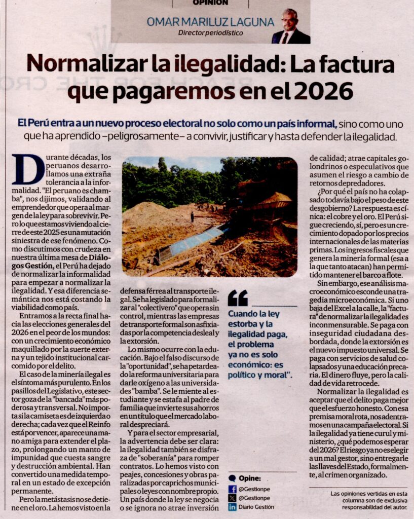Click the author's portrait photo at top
(290, 27)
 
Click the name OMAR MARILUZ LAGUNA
(210, 22)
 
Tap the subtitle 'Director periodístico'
(210, 33)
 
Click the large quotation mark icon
(238, 298)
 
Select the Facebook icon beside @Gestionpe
(233, 489)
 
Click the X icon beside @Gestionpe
(233, 498)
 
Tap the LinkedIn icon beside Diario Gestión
(233, 507)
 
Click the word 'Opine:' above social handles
(251, 478)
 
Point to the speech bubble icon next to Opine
(232, 478)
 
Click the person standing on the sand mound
(192, 216)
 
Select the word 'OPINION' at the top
(210, 3)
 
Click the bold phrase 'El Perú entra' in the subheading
(43, 123)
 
